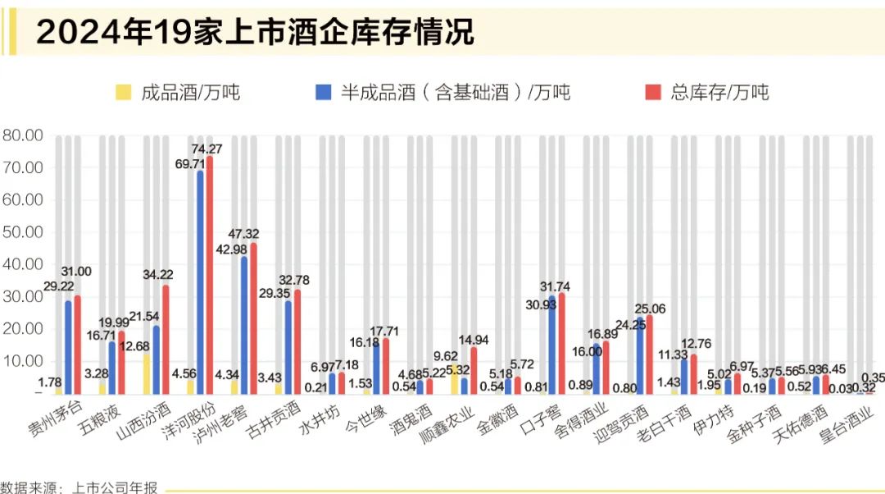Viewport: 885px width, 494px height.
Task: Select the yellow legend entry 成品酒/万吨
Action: pyautogui.click(x=179, y=92)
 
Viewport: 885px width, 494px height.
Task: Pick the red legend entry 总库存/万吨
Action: pyautogui.click(x=708, y=92)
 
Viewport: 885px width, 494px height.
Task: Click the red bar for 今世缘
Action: pyautogui.click(x=385, y=365)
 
